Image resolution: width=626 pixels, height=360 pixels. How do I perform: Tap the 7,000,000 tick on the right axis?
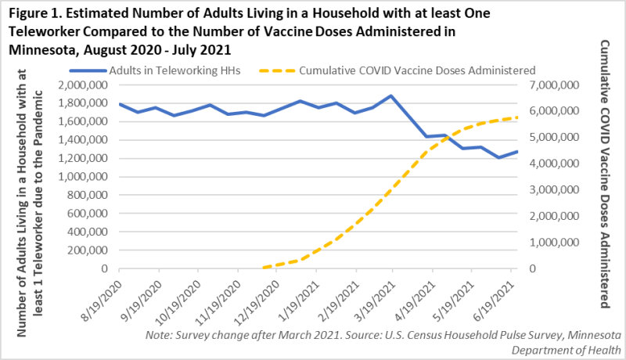click(x=554, y=85)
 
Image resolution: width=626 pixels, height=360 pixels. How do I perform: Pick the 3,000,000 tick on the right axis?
click(x=554, y=190)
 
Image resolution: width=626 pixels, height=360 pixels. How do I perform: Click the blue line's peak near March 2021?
click(x=390, y=96)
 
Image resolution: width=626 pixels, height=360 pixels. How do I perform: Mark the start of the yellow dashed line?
click(x=264, y=268)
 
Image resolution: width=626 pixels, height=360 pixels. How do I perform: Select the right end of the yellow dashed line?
click(x=517, y=117)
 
